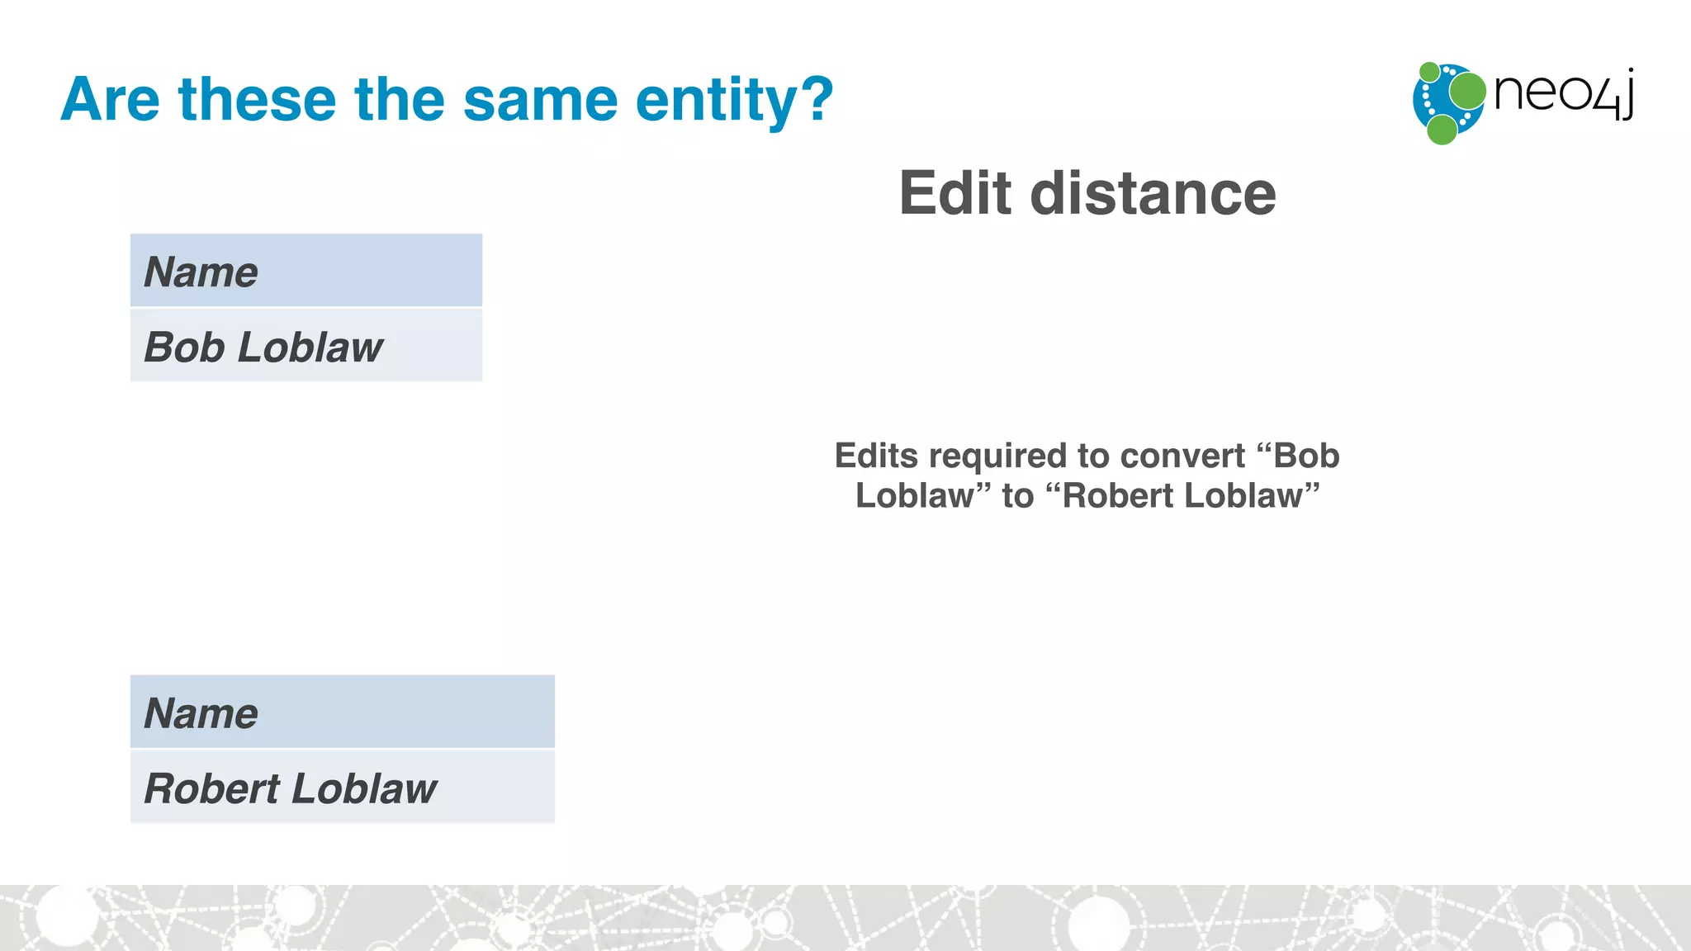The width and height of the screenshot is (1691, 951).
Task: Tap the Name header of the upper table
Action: coord(201,272)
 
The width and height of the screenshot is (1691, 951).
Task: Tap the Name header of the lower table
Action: coord(201,713)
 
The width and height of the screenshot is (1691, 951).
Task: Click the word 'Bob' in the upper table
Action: coord(184,347)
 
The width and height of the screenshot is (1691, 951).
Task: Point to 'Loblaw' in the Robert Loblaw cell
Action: coord(364,788)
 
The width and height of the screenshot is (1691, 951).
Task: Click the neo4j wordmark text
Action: coord(1563,93)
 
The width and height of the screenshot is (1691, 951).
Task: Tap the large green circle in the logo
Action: coord(1467,91)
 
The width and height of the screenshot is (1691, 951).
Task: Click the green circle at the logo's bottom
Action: coord(1442,130)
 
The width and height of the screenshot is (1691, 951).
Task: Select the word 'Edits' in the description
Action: coord(876,456)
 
